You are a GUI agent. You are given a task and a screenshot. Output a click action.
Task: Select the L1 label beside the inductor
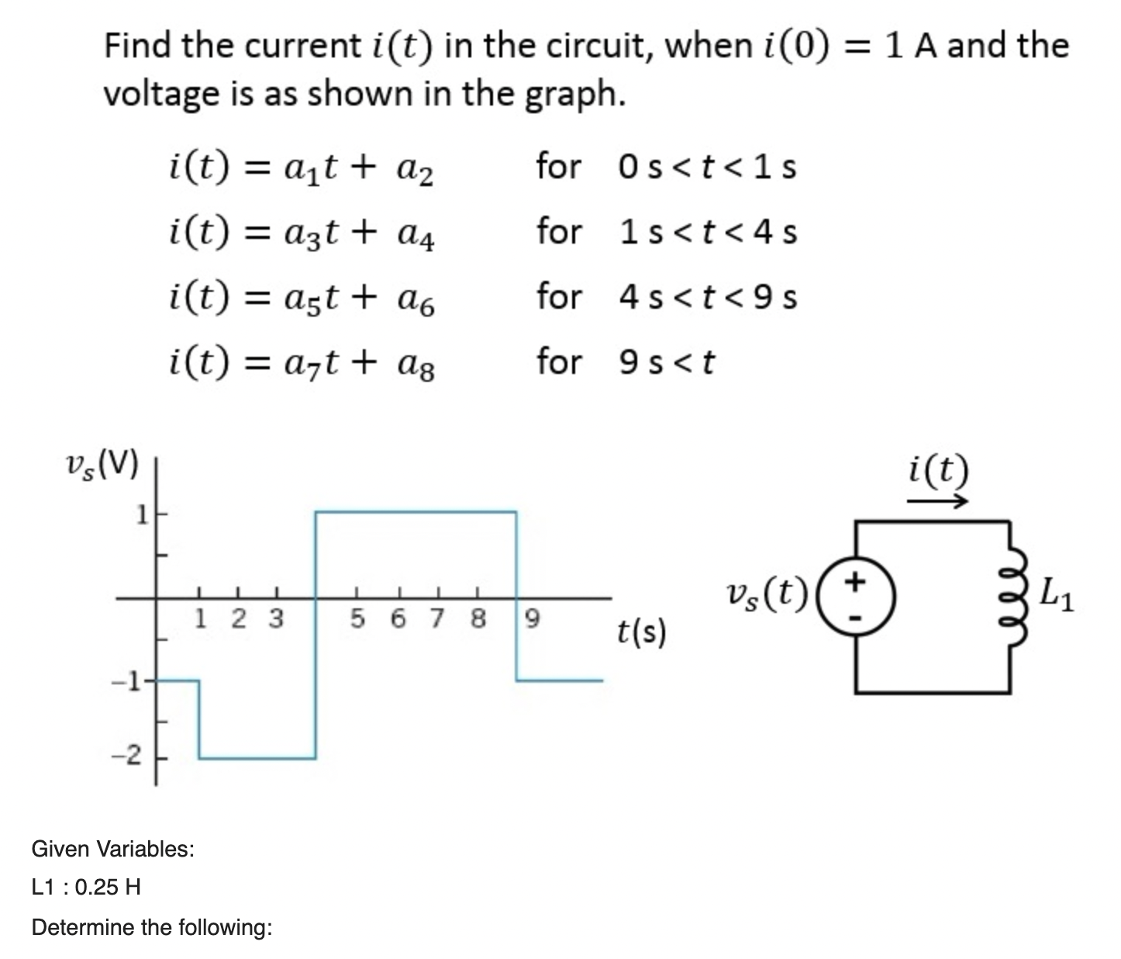[1058, 596]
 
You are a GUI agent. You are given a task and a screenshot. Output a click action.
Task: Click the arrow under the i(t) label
[938, 502]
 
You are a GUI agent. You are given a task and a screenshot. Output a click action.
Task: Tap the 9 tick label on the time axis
[532, 619]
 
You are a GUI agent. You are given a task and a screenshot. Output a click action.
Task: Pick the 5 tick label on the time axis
[357, 619]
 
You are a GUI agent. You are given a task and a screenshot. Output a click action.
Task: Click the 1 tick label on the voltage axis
[141, 514]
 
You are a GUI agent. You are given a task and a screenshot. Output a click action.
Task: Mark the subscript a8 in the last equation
[418, 366]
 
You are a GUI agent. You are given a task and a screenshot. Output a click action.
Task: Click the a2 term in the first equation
[418, 171]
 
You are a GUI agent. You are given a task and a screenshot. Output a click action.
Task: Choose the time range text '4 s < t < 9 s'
[708, 297]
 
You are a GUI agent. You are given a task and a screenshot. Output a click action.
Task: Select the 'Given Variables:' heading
[113, 849]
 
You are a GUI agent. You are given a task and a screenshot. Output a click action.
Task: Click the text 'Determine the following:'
[152, 927]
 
